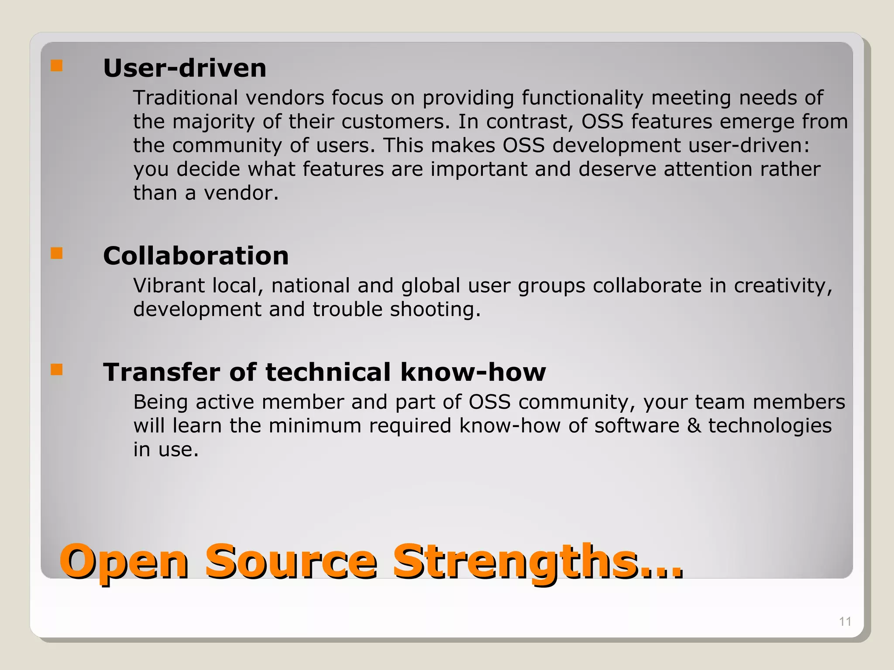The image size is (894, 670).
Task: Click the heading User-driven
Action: tap(185, 68)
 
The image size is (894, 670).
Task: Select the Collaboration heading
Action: tap(196, 256)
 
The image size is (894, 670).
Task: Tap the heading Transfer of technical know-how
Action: tap(324, 372)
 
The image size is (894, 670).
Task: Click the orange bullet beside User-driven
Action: tap(57, 66)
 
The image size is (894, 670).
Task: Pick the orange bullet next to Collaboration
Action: tap(57, 253)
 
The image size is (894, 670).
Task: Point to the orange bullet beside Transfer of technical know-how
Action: tap(57, 370)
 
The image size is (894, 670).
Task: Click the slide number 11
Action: tap(845, 622)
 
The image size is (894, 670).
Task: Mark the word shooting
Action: tap(435, 310)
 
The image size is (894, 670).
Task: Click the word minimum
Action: tap(315, 426)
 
